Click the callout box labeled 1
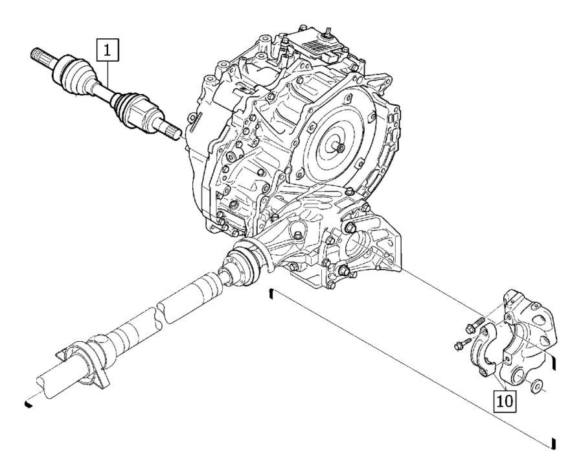click(108, 49)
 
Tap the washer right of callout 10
click(536, 388)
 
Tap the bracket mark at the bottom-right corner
click(553, 444)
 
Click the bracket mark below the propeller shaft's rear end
click(28, 403)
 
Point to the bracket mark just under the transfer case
click(271, 295)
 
